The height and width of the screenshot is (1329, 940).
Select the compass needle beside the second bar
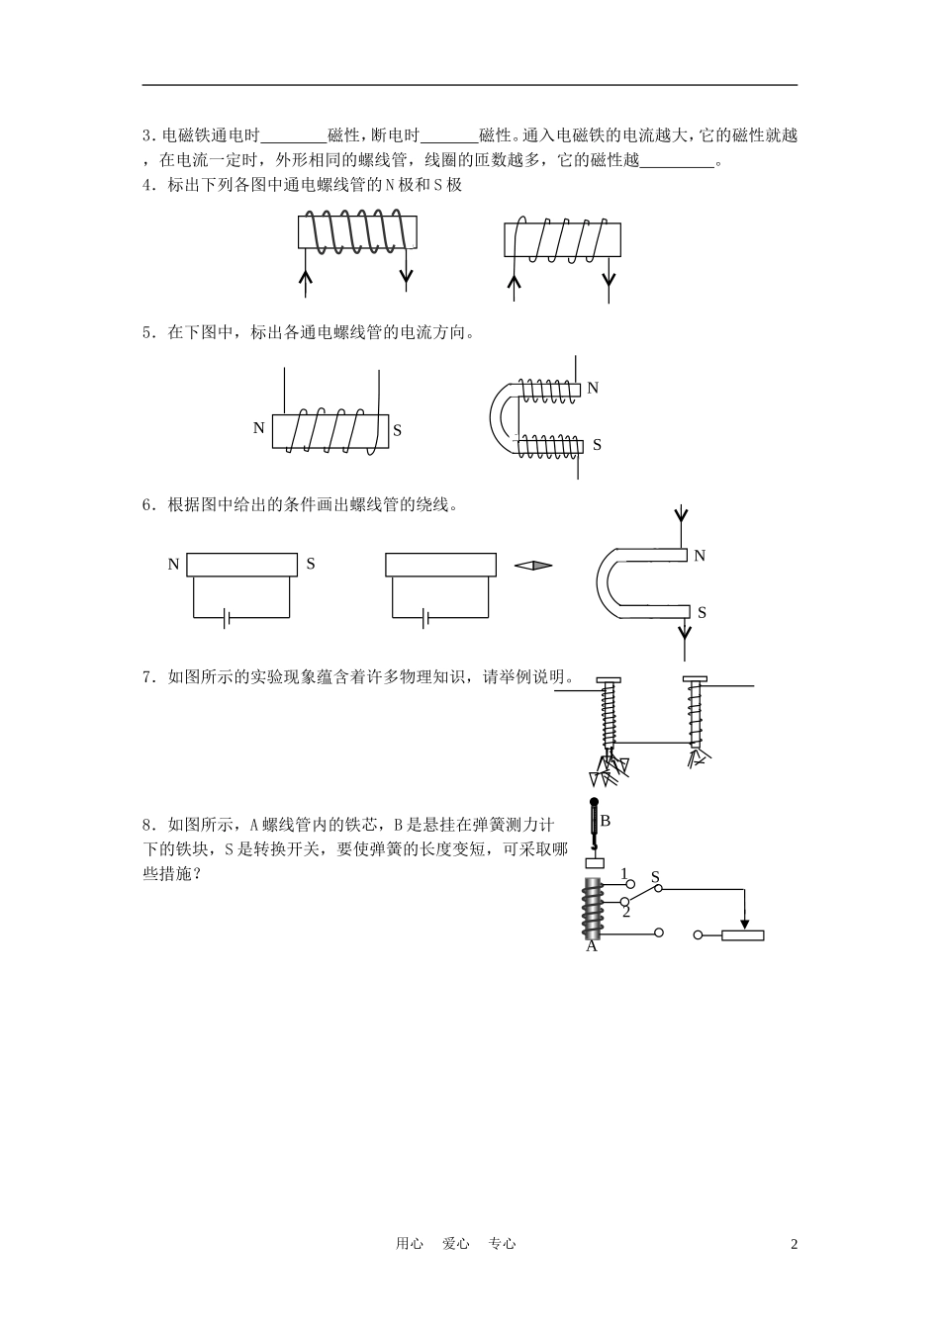[533, 566]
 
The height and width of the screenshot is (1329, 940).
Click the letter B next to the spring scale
[606, 821]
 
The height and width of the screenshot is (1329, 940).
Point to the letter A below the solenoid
[592, 946]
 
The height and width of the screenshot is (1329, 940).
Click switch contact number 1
[624, 873]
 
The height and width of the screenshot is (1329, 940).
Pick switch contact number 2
[626, 912]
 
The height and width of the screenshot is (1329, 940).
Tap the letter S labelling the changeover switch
[656, 876]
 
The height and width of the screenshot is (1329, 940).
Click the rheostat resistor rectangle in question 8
[742, 935]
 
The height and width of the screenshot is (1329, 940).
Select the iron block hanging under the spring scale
[595, 862]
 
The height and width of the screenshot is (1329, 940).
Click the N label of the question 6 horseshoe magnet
[700, 556]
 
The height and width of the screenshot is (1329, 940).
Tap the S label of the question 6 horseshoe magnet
[702, 612]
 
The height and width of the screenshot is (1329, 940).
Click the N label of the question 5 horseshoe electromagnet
[593, 388]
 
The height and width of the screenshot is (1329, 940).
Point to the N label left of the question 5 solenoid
[259, 428]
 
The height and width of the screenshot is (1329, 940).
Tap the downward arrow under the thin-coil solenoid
[609, 280]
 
